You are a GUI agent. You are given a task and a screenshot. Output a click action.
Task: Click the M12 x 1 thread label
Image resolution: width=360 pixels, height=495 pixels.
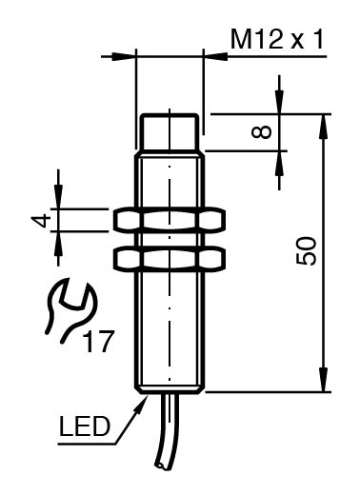click(277, 40)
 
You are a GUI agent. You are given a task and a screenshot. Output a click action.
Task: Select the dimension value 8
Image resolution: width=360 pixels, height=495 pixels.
click(262, 131)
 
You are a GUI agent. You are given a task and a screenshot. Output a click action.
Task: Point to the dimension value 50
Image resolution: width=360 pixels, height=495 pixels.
click(307, 250)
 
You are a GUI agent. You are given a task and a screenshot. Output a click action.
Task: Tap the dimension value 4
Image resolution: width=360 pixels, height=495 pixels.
click(41, 221)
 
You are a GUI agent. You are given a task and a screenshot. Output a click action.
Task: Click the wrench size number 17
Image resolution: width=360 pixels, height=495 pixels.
click(98, 342)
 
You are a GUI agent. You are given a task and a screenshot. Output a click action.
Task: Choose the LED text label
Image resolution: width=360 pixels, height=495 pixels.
click(85, 426)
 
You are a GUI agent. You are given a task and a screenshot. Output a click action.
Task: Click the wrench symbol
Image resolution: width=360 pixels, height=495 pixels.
click(70, 309)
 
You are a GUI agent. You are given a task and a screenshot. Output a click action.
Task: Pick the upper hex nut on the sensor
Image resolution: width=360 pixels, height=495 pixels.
click(170, 219)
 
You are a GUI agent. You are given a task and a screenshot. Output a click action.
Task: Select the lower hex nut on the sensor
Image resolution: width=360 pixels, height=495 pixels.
click(170, 259)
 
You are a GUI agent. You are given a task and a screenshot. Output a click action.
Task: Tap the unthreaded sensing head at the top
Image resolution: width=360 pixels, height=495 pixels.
click(170, 131)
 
